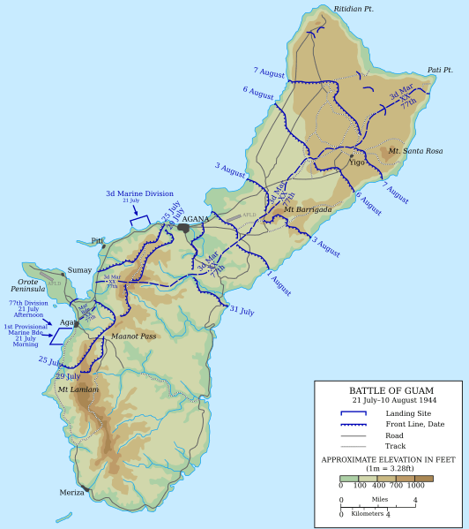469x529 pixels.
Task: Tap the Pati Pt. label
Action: pos(440,70)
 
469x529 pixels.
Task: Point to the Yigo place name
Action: pos(356,163)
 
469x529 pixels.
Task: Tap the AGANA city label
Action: pos(196,218)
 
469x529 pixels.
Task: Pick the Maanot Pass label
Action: pos(134,336)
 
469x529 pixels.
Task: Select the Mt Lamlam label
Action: pos(78,389)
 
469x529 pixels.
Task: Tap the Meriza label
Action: pos(71,492)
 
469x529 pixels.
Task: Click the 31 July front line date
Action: pos(241,311)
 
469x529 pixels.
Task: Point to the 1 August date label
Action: pos(279,285)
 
